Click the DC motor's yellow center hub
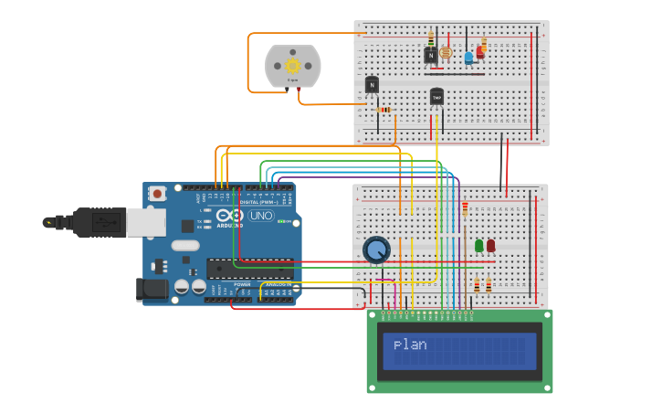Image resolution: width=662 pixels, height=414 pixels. click(x=293, y=66)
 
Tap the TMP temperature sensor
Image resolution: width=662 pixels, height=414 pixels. click(x=436, y=96)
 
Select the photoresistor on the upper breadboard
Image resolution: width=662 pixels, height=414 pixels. click(x=446, y=54)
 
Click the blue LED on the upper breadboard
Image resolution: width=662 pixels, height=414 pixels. click(x=468, y=58)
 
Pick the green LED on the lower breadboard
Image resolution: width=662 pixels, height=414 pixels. click(x=479, y=245)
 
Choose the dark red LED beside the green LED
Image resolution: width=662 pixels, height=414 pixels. click(x=491, y=245)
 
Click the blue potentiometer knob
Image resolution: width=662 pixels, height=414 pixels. click(x=376, y=249)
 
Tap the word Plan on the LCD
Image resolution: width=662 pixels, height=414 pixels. click(x=410, y=345)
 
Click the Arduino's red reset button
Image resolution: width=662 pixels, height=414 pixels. click(x=158, y=194)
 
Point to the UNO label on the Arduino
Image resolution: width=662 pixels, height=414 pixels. click(x=261, y=217)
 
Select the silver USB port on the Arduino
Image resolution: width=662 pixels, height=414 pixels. click(x=145, y=222)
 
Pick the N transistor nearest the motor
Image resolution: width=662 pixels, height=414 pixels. click(x=372, y=85)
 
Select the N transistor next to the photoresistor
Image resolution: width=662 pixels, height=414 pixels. click(x=430, y=55)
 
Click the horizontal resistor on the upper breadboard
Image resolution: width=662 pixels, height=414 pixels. click(x=384, y=110)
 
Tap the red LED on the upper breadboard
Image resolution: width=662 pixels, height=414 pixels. click(x=480, y=51)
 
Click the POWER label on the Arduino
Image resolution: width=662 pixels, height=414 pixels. click(x=243, y=284)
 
